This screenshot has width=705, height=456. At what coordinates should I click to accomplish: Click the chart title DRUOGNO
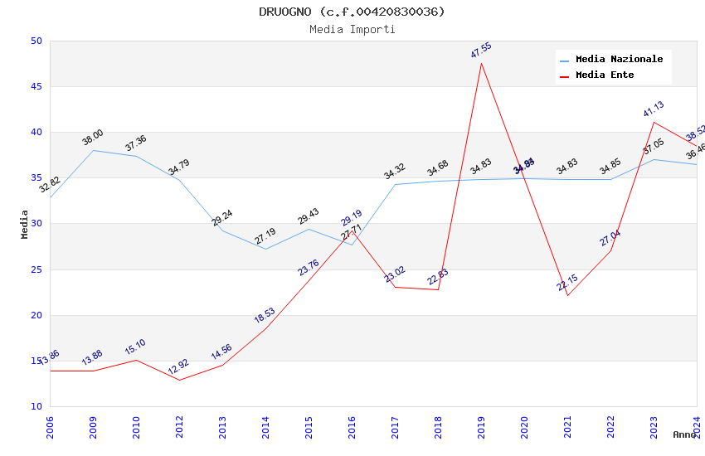click(352, 12)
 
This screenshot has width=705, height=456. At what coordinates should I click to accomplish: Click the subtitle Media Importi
click(352, 29)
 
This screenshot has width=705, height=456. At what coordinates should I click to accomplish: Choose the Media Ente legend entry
click(605, 75)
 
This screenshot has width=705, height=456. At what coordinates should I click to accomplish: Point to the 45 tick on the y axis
click(36, 87)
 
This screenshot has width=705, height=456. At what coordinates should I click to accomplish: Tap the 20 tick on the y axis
click(36, 315)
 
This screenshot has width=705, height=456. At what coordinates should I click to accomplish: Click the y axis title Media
click(25, 224)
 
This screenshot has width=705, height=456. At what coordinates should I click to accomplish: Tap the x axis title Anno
click(684, 434)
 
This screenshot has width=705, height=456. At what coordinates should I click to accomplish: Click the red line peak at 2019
click(481, 63)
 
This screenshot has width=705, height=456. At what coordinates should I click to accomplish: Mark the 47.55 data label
click(481, 50)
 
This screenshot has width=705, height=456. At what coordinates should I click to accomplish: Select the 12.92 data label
click(179, 366)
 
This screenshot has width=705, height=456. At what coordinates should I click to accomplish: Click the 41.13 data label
click(654, 109)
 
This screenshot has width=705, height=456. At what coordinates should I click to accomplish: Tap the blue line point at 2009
click(93, 150)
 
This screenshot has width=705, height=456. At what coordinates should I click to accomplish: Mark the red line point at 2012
click(179, 380)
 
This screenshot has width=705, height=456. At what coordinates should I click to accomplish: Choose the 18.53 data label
click(265, 315)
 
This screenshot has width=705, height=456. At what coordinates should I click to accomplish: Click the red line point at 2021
click(567, 295)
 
